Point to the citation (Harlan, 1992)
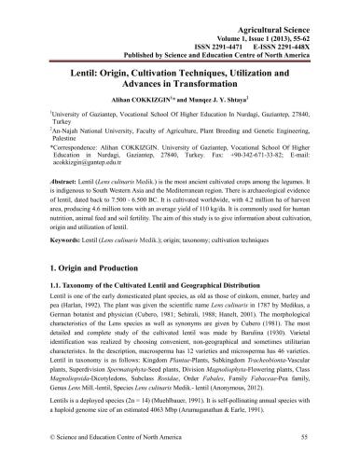(76, 336)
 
